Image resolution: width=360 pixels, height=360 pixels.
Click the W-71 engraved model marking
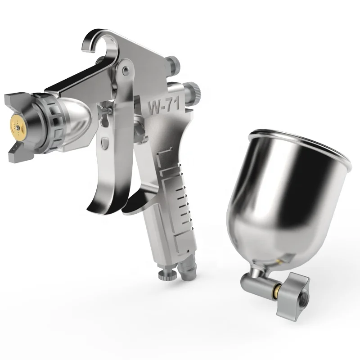[x=163, y=105]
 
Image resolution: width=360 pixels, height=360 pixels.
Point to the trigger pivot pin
[x=126, y=70]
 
